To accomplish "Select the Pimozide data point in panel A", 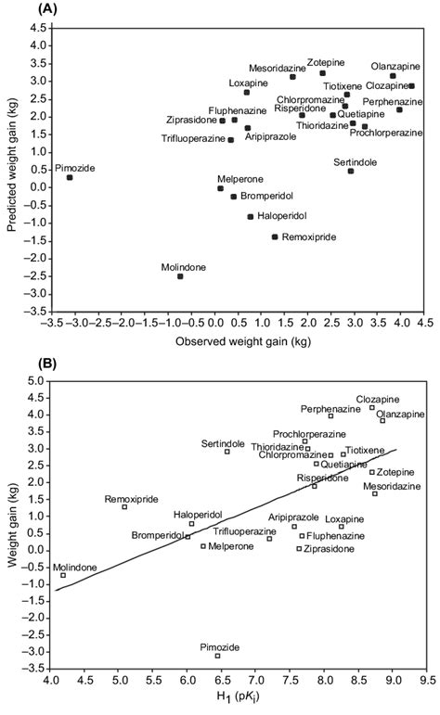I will [x=70, y=177].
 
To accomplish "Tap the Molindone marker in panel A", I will [x=180, y=276].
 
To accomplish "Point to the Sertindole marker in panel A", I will [x=351, y=171].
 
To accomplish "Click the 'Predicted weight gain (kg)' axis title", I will [x=14, y=171].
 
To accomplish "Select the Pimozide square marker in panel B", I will [x=218, y=656].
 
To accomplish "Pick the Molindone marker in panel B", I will [x=63, y=575].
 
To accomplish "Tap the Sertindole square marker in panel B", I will [x=227, y=452].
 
